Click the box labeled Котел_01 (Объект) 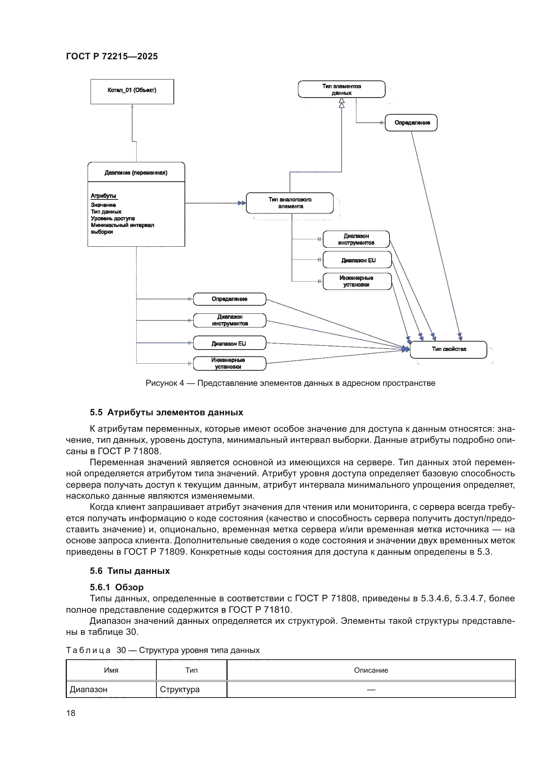coord(132,91)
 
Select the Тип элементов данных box coord(341,89)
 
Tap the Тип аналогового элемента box coord(290,203)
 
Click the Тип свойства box coord(448,349)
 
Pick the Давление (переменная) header coord(136,172)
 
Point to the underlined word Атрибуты coord(103,196)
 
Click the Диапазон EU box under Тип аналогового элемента coord(357,260)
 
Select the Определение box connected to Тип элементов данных coord(411,123)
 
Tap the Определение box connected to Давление coord(229,299)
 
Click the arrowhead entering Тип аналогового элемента coord(242,203)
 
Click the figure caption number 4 coord(182,383)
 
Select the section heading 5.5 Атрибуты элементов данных coord(166,413)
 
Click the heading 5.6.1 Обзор coord(116,587)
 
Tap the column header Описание coord(371,670)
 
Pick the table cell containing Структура coord(180,689)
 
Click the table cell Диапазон coord(89,689)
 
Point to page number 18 coord(71,713)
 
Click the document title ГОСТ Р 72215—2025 coord(112,56)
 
